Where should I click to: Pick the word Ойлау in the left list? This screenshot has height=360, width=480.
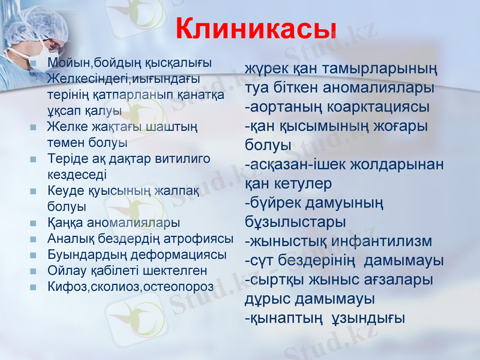pos(63,271)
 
